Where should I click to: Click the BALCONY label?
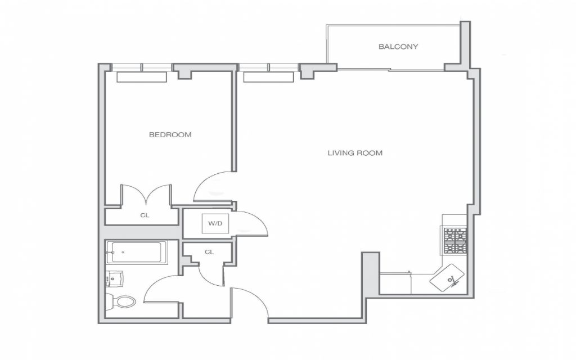[x=398, y=47]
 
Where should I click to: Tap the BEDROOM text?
[x=170, y=135]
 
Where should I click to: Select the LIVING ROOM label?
[x=355, y=153]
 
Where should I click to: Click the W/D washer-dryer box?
[x=215, y=223]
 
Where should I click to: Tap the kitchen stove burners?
[x=454, y=241]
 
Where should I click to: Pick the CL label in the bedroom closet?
[x=145, y=215]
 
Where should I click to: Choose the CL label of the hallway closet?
[x=209, y=252]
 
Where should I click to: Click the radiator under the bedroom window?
[x=142, y=76]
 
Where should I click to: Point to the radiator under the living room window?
[x=268, y=76]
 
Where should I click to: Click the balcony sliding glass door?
[x=391, y=69]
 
